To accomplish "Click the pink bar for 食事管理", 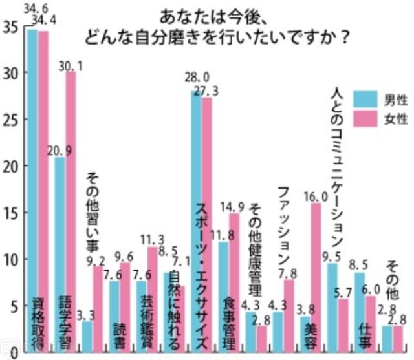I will tap(234, 271).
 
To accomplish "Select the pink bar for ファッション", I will tap(289, 310).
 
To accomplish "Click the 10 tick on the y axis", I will tap(11, 260).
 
